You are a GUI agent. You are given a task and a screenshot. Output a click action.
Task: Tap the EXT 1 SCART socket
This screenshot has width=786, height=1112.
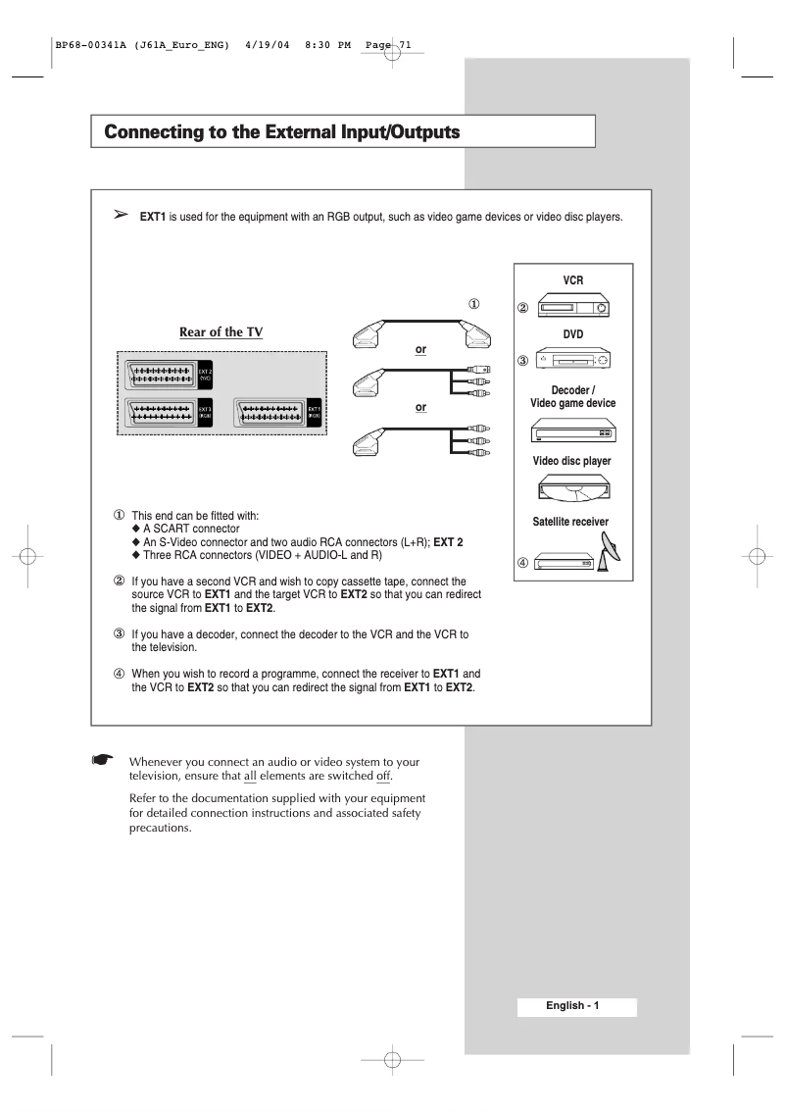point(270,413)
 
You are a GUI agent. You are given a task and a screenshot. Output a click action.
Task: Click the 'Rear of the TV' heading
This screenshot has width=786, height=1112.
point(221,331)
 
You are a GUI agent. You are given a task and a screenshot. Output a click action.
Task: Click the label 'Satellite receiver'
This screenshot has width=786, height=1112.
point(564,522)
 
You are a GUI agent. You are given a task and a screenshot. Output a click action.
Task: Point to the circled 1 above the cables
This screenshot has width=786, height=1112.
point(472,304)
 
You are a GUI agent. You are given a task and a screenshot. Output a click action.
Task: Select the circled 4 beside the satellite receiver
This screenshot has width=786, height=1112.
point(522,563)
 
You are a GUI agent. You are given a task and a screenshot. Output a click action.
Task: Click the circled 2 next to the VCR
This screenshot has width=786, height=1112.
point(522,309)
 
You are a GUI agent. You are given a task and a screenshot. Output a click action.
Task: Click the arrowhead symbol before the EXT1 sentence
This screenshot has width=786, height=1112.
point(122,214)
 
